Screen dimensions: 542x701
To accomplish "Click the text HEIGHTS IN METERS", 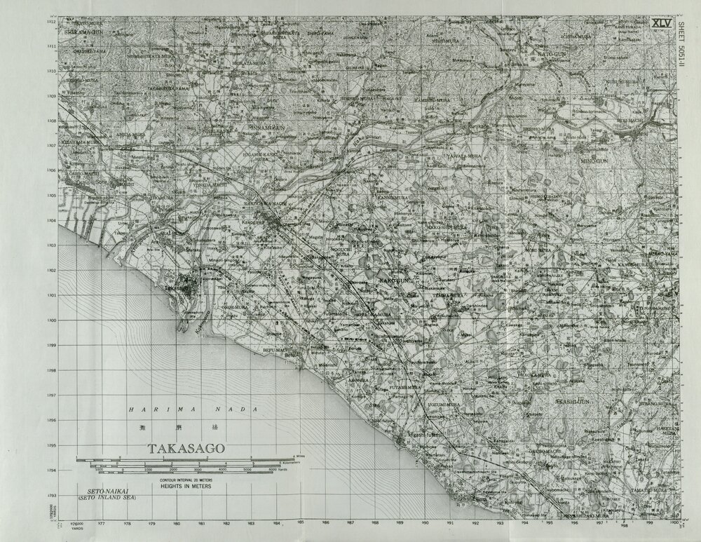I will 185,484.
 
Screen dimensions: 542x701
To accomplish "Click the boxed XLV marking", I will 661,23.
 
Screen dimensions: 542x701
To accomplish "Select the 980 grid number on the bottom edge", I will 177,522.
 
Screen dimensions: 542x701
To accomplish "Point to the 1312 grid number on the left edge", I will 51,22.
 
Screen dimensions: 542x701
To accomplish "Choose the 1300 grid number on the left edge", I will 51,320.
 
